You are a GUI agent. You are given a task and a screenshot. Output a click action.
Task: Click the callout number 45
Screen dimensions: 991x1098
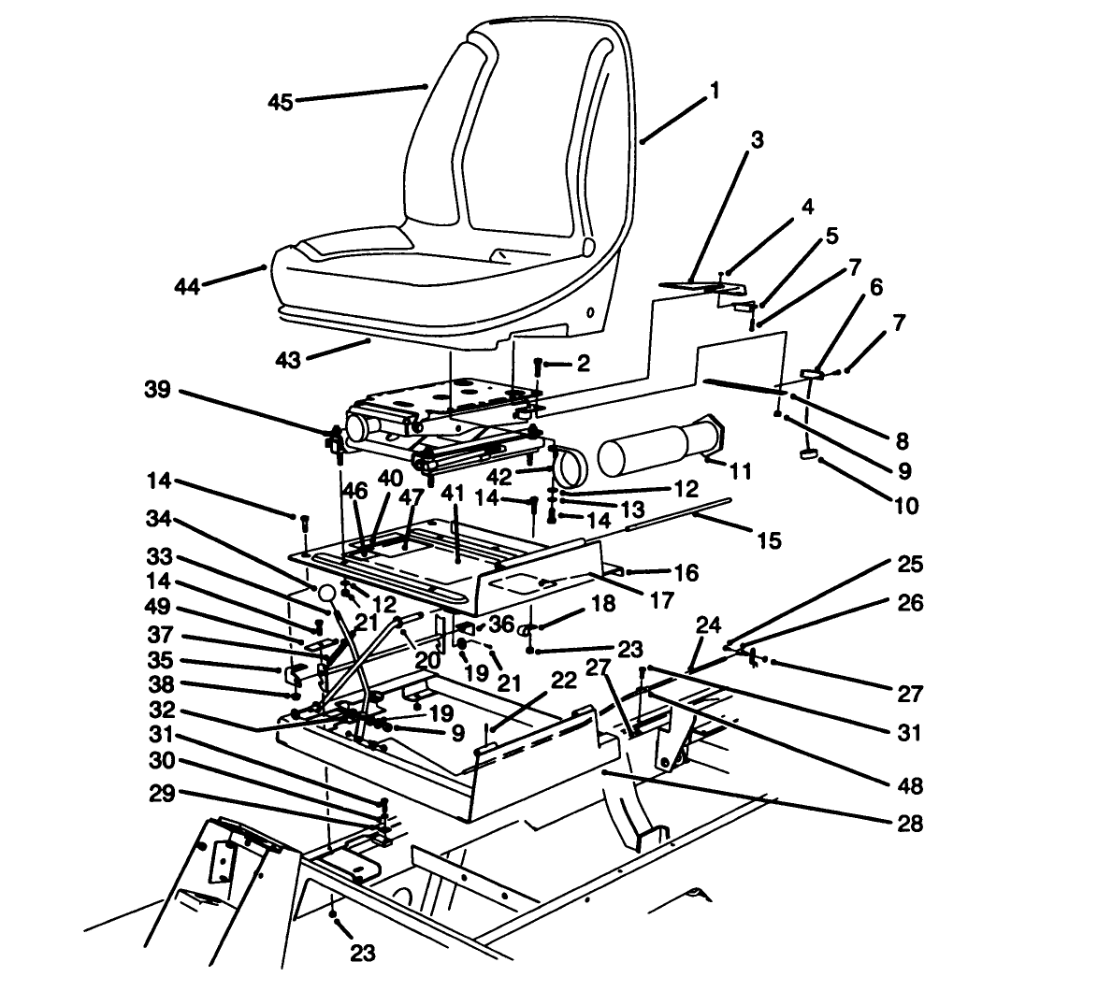coord(281,102)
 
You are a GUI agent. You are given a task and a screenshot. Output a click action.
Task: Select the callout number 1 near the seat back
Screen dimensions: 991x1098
coord(715,91)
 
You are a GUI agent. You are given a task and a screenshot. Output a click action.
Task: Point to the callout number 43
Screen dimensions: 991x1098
coord(287,359)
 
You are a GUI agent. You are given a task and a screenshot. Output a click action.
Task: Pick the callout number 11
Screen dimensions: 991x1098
coord(740,472)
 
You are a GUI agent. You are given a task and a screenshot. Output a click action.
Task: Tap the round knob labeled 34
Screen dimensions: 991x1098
coord(326,593)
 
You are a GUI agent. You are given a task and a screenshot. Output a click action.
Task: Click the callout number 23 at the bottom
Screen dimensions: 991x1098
coord(362,952)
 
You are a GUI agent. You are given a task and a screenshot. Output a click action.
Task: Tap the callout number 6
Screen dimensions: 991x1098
coord(875,287)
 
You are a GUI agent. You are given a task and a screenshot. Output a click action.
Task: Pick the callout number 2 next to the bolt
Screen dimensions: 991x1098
coord(584,364)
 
